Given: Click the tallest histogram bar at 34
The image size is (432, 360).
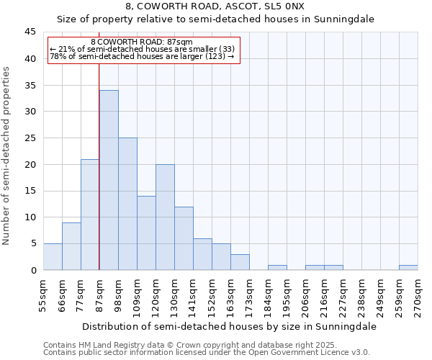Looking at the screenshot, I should (109, 180).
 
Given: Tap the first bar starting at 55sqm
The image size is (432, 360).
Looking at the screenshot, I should (53, 257).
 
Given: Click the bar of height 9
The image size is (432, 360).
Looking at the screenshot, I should (71, 246).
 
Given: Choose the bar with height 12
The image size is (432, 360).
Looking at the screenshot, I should (184, 238).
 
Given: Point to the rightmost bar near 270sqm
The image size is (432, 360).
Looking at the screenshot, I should (408, 268).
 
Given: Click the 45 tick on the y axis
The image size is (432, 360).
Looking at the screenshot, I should (30, 32).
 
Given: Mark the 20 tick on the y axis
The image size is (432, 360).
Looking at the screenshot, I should (30, 165).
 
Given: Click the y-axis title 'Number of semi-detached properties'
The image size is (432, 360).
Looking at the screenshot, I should (7, 156).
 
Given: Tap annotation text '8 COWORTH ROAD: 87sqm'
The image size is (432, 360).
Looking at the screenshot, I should (143, 42).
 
